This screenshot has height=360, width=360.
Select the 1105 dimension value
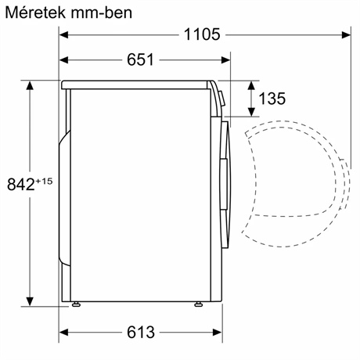click(x=202, y=34)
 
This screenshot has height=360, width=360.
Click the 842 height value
click(x=18, y=185)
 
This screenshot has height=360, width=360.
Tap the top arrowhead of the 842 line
click(x=31, y=85)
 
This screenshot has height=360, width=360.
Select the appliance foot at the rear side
click(x=77, y=304)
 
